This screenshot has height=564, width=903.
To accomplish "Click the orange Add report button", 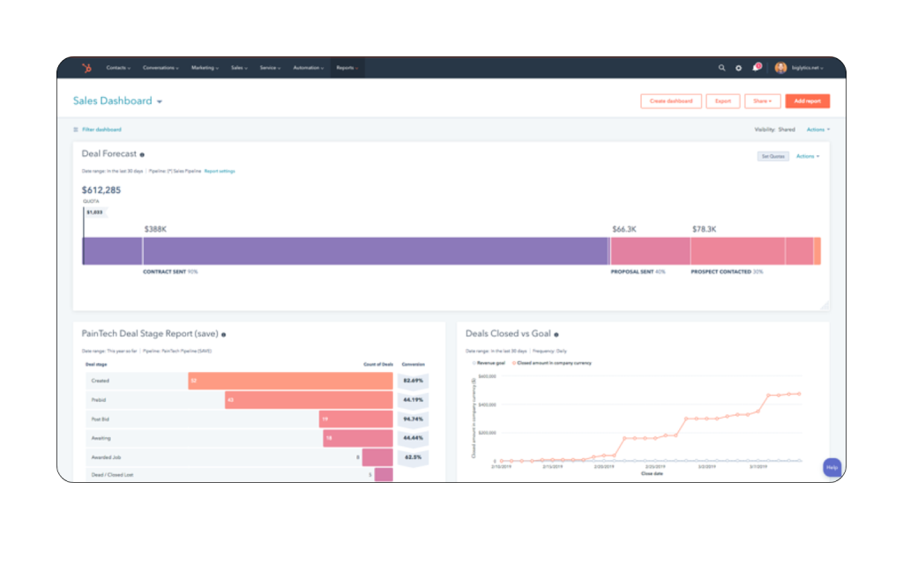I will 807,101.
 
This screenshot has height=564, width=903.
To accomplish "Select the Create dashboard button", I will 671,101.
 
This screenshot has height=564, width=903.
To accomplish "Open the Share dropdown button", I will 762,101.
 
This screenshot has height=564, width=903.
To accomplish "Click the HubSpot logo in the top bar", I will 86,68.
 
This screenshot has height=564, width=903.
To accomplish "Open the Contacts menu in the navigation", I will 118,68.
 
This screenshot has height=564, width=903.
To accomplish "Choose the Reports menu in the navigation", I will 347,68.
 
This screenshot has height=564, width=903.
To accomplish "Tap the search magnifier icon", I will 721,68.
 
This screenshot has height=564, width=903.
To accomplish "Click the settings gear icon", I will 739,68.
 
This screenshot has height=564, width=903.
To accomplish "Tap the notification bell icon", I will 756,68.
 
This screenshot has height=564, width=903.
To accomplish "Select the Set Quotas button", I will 772,156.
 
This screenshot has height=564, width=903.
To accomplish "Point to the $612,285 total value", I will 101,189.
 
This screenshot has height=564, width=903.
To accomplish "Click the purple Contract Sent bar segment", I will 375,251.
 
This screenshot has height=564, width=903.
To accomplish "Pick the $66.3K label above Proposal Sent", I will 624,229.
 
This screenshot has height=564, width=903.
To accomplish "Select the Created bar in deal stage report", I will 290,381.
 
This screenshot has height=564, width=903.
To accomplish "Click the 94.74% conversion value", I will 413,419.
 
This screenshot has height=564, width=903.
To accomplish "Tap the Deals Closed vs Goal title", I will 508,334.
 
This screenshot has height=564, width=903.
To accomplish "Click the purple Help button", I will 832,467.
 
